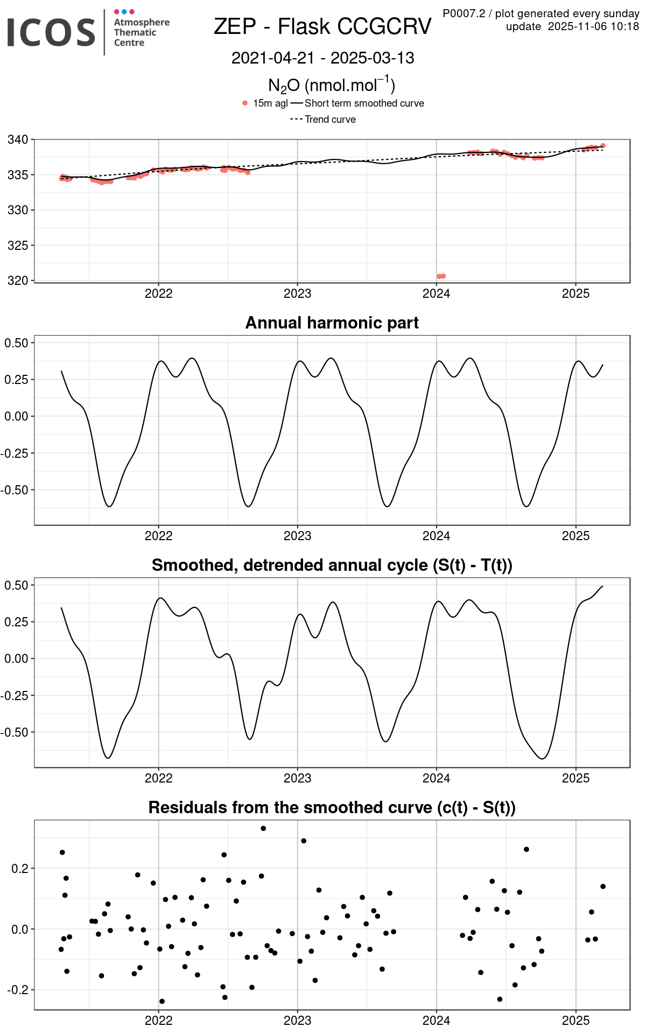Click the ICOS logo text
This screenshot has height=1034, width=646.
coord(51,32)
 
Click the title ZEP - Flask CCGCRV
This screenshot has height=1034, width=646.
coord(322,26)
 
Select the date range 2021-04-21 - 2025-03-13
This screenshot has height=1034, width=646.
coord(322,58)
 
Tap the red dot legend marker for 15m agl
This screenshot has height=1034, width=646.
coord(245,103)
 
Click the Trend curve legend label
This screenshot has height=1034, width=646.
coord(330,120)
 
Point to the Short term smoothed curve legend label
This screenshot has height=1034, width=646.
coord(364,103)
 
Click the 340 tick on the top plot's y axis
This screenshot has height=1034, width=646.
coord(17,140)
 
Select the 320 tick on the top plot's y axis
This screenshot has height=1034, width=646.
coord(17,281)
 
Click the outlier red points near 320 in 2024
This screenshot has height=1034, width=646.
coord(441,276)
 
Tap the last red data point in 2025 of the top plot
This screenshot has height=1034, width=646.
coord(603,146)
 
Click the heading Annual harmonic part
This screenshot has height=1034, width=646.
coord(332,323)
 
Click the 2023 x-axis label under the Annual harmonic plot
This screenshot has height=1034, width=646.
coord(297,536)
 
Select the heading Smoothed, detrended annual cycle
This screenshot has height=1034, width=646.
coord(332,565)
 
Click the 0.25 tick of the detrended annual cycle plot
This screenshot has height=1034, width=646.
coord(16,622)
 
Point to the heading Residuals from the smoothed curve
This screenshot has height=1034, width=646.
coord(332,808)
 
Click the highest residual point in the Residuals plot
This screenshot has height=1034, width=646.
coord(263,828)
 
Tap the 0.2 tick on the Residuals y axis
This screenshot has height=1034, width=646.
coord(20,869)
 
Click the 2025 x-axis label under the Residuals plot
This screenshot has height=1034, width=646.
coord(575,1021)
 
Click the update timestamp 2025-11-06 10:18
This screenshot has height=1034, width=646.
coord(593,26)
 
